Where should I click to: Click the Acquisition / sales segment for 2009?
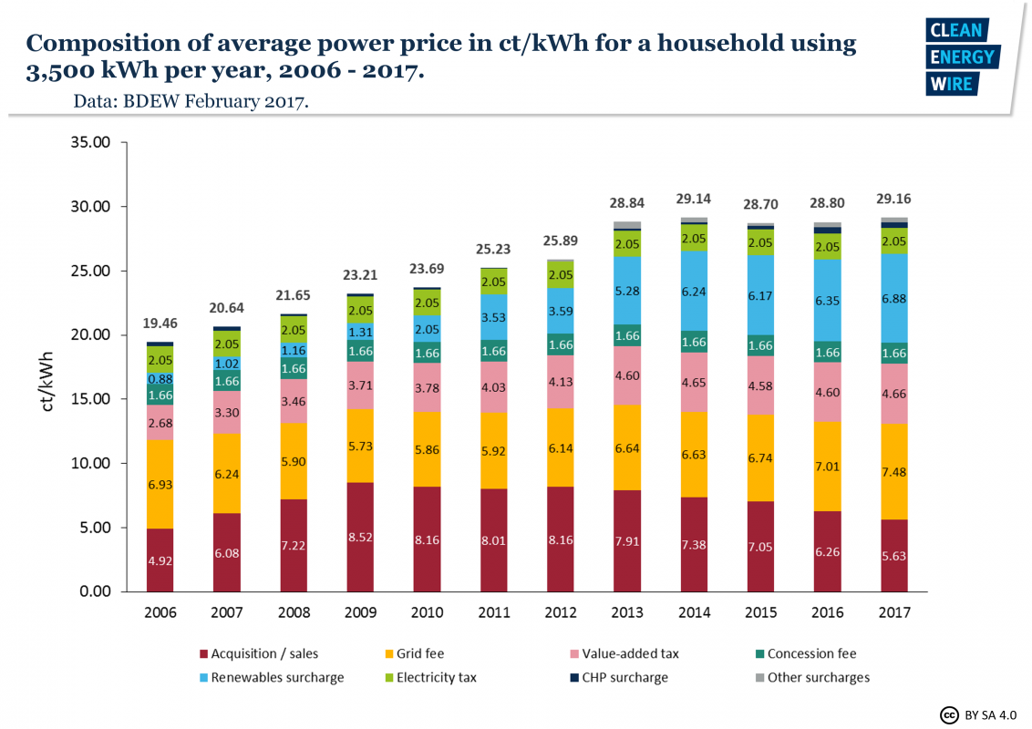(360, 537)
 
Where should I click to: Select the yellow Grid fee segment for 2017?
(893, 471)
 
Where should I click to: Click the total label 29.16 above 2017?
(893, 198)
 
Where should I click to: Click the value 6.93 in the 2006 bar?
(161, 485)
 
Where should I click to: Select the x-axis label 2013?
(626, 612)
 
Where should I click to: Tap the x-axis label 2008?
(294, 612)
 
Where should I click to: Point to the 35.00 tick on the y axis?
(90, 143)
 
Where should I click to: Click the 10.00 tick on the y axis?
(90, 464)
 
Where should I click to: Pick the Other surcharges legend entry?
(818, 677)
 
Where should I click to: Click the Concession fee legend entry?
(811, 653)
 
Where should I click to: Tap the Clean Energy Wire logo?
(963, 56)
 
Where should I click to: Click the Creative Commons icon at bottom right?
(948, 714)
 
